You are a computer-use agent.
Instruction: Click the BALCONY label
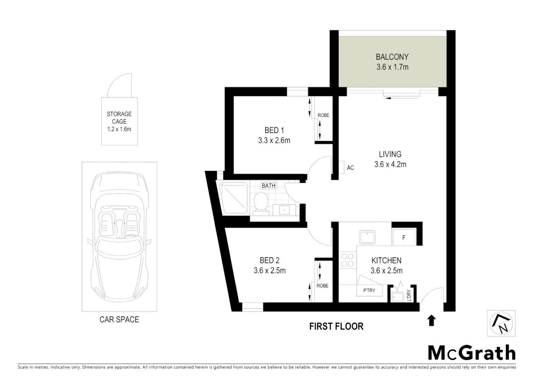pyautogui.click(x=392, y=57)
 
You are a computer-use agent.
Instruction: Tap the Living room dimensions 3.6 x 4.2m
pyautogui.click(x=390, y=165)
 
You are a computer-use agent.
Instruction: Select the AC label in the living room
pyautogui.click(x=350, y=168)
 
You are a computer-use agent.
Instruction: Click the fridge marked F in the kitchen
pyautogui.click(x=404, y=238)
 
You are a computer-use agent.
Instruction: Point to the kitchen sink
pyautogui.click(x=367, y=237)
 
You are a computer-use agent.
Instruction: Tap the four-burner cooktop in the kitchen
pyautogui.click(x=347, y=260)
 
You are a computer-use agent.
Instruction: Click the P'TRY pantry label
pyautogui.click(x=369, y=290)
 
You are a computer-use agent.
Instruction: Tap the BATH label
pyautogui.click(x=269, y=186)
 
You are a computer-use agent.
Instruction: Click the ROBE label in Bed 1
pyautogui.click(x=323, y=115)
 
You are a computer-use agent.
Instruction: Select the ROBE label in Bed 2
pyautogui.click(x=322, y=285)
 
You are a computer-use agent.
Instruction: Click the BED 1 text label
pyautogui.click(x=274, y=130)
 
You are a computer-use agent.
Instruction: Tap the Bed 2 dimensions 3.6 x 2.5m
pyautogui.click(x=270, y=271)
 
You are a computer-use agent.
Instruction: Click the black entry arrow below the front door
pyautogui.click(x=431, y=320)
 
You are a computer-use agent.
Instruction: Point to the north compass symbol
pyautogui.click(x=501, y=324)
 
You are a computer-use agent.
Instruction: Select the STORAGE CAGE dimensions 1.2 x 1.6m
pyautogui.click(x=119, y=129)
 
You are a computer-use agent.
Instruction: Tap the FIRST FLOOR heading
pyautogui.click(x=336, y=326)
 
